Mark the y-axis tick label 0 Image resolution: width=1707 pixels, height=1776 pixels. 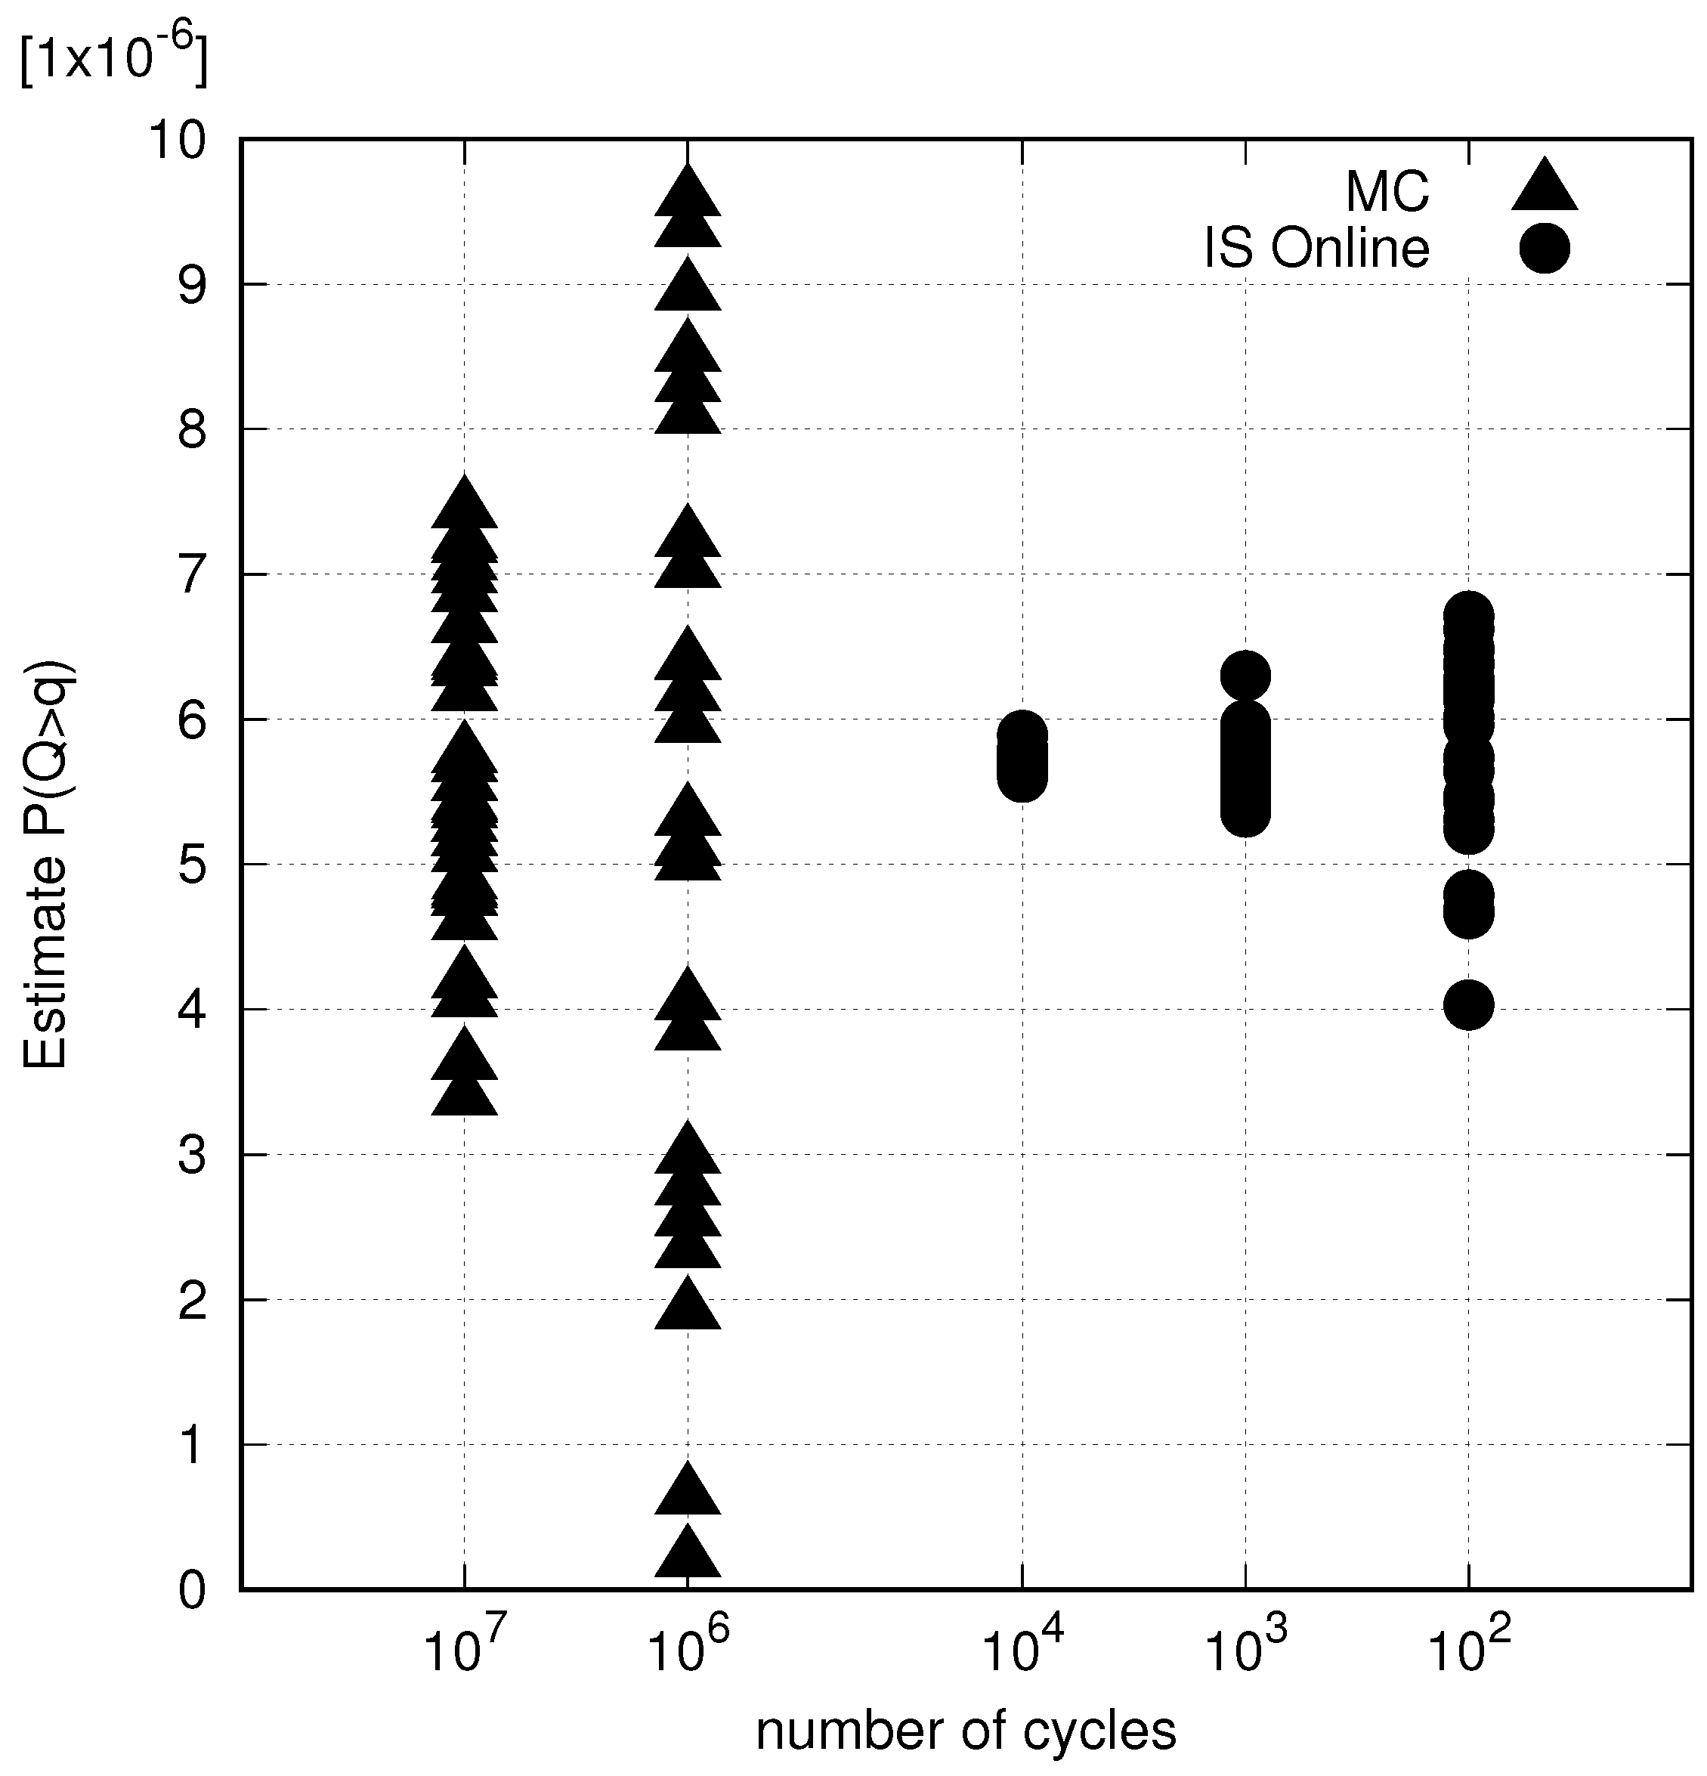pyautogui.click(x=192, y=1590)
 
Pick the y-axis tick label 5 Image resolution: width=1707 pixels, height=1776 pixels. pyautogui.click(x=192, y=865)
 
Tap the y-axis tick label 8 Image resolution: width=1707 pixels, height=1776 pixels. pyautogui.click(x=192, y=431)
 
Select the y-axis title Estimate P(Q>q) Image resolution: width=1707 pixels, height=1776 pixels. pyautogui.click(x=45, y=865)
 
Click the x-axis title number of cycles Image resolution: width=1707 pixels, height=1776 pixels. pyautogui.click(x=966, y=1731)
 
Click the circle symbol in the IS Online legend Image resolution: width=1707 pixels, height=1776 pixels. pyautogui.click(x=1544, y=247)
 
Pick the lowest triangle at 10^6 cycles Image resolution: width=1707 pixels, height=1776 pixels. pyautogui.click(x=688, y=1555)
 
